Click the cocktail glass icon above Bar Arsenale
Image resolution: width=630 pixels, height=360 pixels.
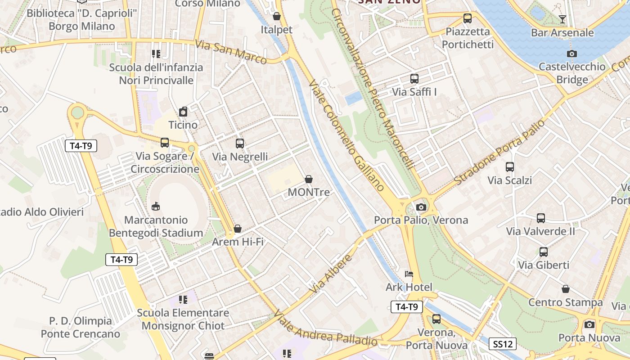[562, 19]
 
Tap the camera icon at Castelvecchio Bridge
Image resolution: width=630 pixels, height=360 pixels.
[572, 54]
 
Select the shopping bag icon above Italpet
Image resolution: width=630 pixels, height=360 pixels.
[277, 16]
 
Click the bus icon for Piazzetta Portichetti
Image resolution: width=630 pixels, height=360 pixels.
[468, 18]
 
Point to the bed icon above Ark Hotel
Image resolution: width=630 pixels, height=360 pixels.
[409, 274]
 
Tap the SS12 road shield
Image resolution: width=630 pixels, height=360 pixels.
[503, 344]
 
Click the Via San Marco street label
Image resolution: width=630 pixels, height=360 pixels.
[231, 52]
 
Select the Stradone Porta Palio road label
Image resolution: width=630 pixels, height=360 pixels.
[499, 152]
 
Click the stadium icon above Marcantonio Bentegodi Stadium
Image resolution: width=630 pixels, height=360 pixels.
[156, 207]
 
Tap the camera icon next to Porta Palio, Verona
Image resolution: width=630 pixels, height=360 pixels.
[421, 207]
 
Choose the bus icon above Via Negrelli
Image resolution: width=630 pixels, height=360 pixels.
[240, 144]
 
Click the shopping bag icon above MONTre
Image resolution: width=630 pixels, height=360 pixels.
[309, 179]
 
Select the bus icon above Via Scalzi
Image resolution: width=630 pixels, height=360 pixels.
[510, 167]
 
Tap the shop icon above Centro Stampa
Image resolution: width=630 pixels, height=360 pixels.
[566, 289]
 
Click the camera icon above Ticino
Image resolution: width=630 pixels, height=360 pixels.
[183, 112]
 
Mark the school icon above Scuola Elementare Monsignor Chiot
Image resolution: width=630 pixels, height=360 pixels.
[183, 299]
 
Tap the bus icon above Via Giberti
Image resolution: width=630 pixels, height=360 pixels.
[544, 252]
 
